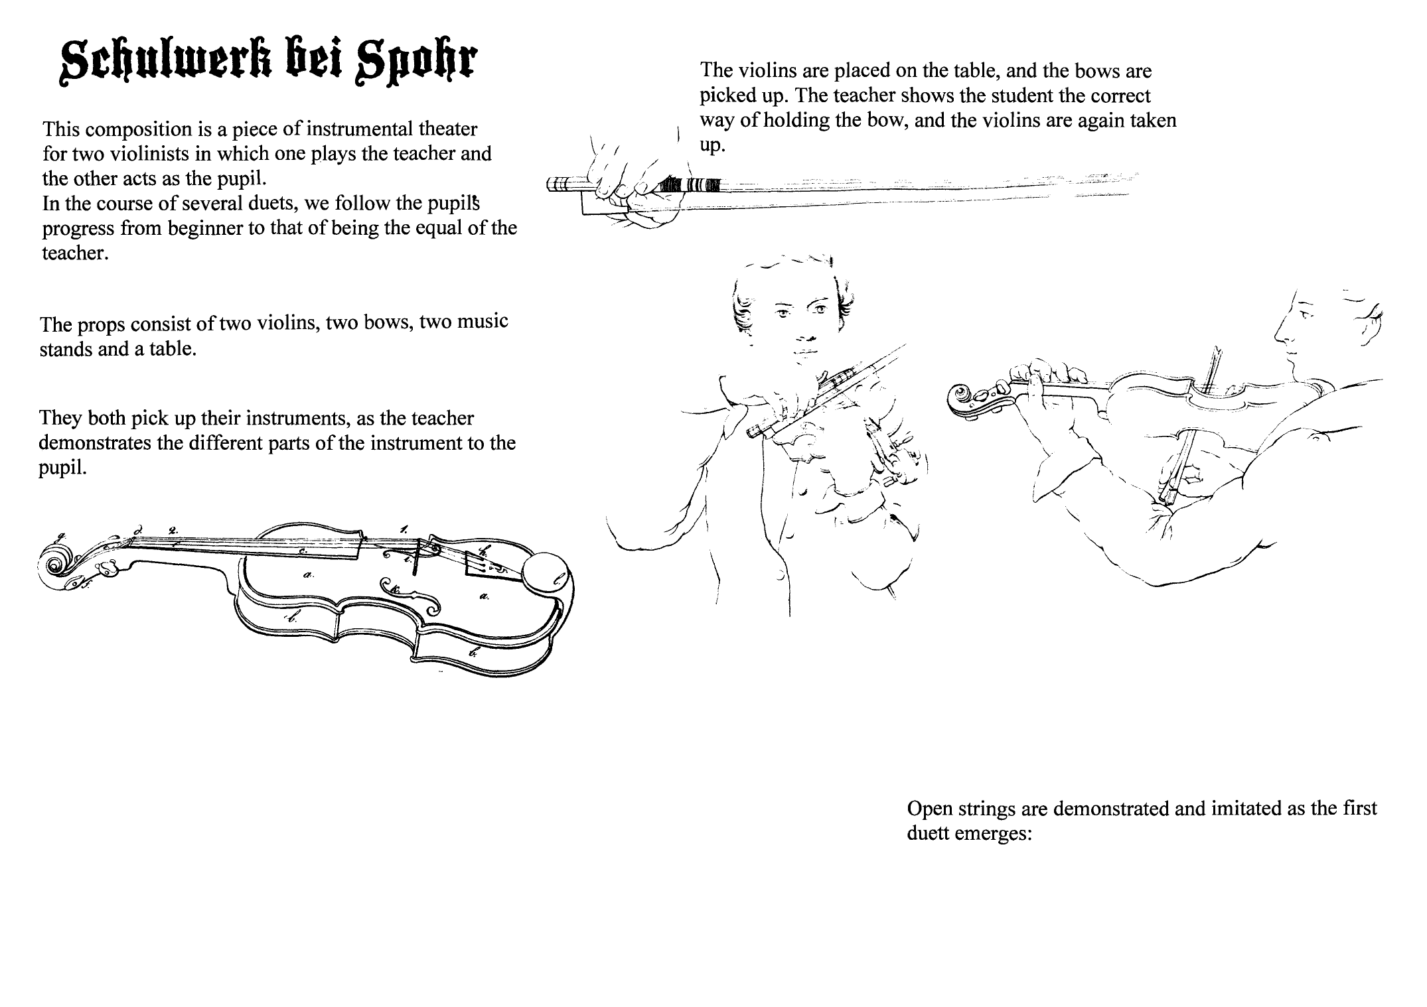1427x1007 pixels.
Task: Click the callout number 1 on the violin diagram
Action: [x=404, y=529]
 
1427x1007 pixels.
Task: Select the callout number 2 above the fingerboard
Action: [x=173, y=530]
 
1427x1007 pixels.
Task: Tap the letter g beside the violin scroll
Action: [x=61, y=537]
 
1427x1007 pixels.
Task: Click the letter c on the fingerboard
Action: [x=302, y=551]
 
